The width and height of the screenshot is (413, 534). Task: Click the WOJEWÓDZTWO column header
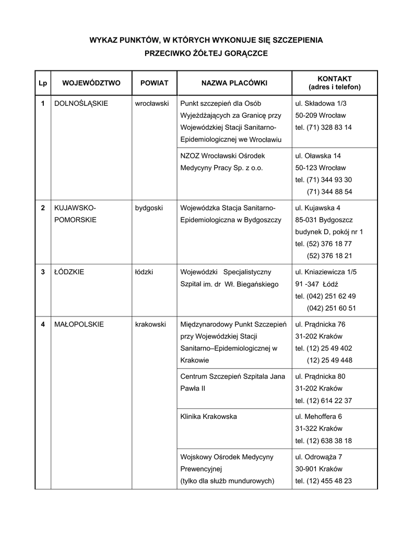(x=91, y=83)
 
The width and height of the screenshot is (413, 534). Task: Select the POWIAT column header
(x=154, y=83)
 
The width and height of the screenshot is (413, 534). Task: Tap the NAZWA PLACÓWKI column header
(x=234, y=83)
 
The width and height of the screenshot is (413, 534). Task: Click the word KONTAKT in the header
(x=334, y=78)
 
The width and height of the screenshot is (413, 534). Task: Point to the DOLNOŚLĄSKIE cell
(x=81, y=103)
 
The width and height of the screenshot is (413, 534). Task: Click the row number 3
(x=43, y=272)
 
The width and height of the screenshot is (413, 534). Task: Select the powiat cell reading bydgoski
(x=149, y=208)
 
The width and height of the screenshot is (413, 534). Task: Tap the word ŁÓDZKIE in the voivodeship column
(x=69, y=272)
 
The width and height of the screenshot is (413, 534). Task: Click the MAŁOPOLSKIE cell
(x=79, y=324)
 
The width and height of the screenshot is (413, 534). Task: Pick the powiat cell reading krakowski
(x=150, y=324)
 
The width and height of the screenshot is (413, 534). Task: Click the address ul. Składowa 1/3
(x=321, y=103)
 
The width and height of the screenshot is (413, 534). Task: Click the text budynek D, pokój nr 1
(x=329, y=232)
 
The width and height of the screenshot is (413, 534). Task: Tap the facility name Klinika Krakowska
(x=208, y=417)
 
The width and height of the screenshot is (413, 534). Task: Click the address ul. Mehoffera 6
(x=318, y=417)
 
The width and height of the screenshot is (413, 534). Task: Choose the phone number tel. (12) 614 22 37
(x=324, y=400)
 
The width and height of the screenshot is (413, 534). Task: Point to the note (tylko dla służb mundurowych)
(x=227, y=481)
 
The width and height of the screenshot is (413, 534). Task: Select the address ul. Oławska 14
(x=318, y=155)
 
